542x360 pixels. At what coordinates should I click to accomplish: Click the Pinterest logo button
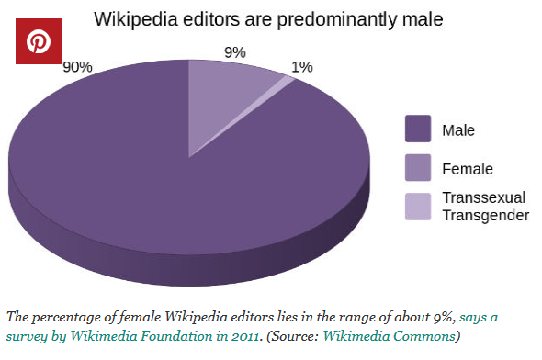tap(39, 42)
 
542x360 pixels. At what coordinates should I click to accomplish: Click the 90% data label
tap(78, 67)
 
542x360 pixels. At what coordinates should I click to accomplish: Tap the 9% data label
tap(235, 52)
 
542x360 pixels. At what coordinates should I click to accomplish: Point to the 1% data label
tap(302, 66)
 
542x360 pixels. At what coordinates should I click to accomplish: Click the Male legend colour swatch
tap(418, 129)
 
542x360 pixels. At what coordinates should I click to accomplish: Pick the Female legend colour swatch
tap(418, 168)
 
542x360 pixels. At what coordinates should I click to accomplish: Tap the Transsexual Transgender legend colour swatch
tap(418, 207)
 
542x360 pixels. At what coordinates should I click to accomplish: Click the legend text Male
tap(458, 130)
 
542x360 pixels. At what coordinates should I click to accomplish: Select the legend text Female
tap(467, 169)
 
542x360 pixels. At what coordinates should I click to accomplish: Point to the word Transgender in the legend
tap(485, 215)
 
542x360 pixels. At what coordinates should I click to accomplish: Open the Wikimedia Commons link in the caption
tap(401, 336)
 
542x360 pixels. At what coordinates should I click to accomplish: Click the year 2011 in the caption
tap(245, 336)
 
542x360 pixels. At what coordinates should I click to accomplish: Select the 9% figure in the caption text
tap(439, 317)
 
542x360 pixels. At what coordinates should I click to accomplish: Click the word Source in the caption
tap(299, 336)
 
